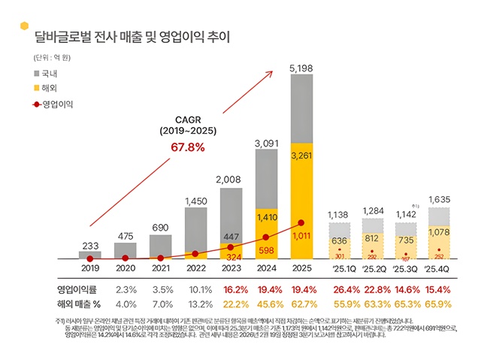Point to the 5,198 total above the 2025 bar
(301, 69)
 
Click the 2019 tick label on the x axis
(89, 268)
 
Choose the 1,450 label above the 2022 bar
(195, 201)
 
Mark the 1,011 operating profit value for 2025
(301, 236)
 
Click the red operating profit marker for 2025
(301, 222)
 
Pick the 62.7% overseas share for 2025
(301, 304)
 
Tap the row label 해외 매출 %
(77, 304)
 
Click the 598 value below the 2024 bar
(266, 250)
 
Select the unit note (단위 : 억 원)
(50, 58)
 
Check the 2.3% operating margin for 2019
(126, 289)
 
